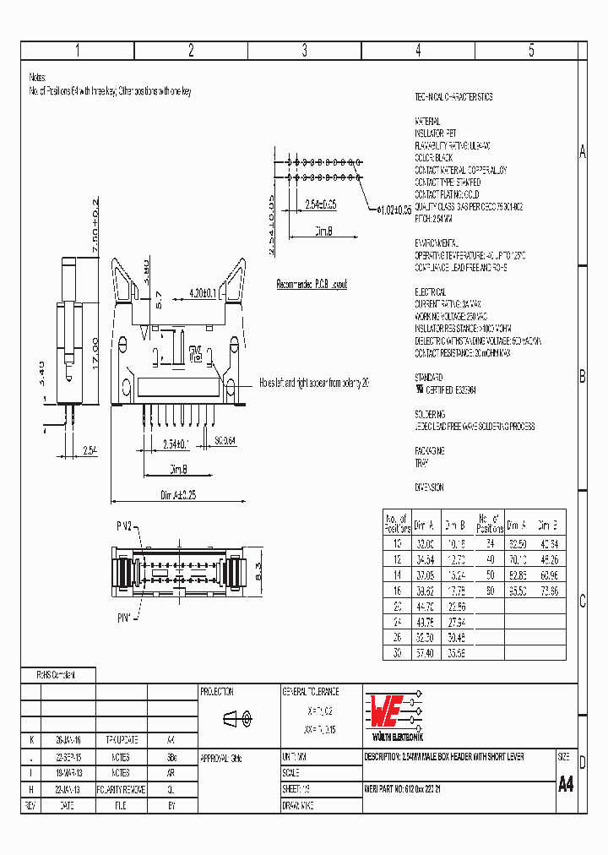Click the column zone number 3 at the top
tap(304, 51)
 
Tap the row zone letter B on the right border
tap(582, 377)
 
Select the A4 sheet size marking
tap(566, 783)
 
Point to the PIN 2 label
tap(124, 526)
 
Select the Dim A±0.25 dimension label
tap(179, 496)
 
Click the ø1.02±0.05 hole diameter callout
tap(393, 209)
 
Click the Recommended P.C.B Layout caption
tap(312, 285)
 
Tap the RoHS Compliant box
tap(57, 675)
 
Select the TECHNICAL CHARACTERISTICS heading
tap(453, 97)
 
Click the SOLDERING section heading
tap(430, 415)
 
